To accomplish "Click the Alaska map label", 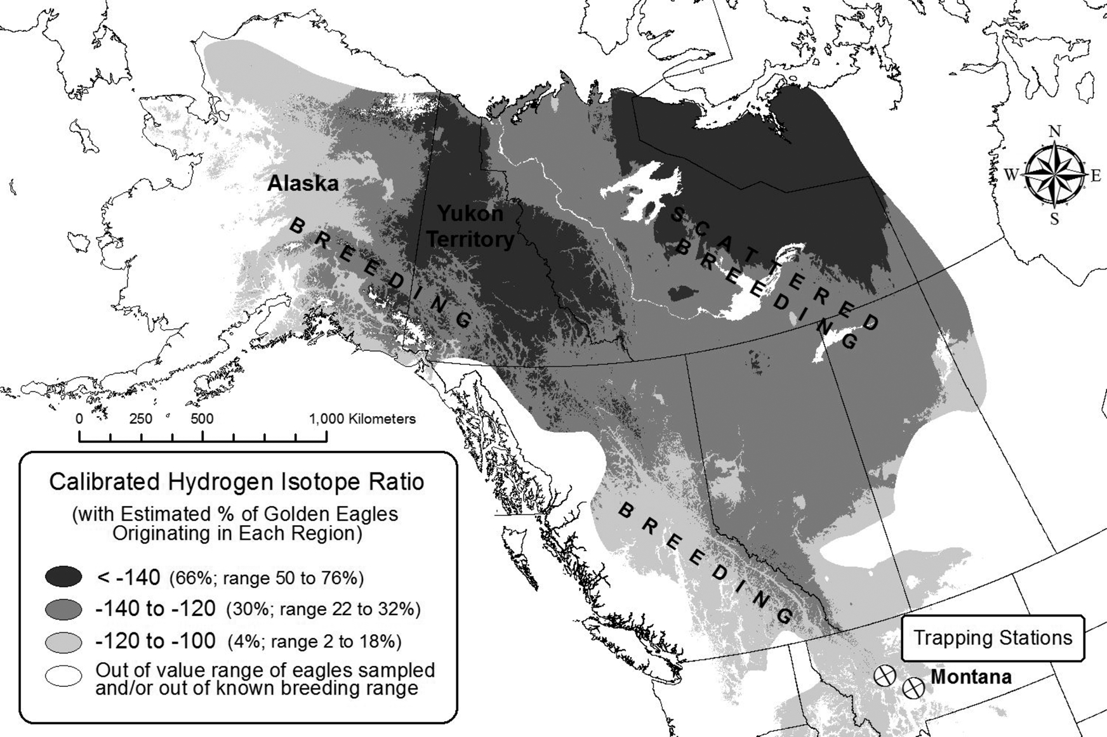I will point(303,184).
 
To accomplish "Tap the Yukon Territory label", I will point(470,227).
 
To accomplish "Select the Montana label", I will point(971,677).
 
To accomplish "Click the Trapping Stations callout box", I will point(992,638).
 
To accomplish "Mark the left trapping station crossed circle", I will point(884,675).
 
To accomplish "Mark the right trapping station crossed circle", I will point(913,687).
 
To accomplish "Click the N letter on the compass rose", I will point(1054,131).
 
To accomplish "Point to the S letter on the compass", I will point(1054,219).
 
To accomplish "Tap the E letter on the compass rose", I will point(1095,176).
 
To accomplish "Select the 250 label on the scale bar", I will point(140,419).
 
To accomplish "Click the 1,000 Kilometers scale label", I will point(362,419).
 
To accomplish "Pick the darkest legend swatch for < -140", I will point(63,577).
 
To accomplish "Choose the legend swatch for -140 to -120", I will point(63,609).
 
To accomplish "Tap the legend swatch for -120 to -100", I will point(63,641).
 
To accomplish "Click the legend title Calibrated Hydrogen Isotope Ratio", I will point(237,482).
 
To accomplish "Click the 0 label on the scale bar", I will point(79,419).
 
